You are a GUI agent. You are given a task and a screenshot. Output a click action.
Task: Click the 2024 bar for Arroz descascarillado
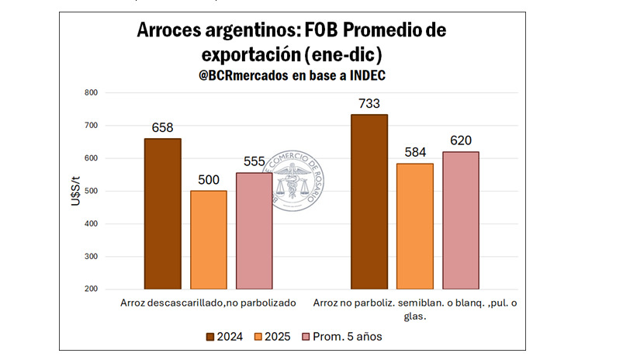(x=163, y=213)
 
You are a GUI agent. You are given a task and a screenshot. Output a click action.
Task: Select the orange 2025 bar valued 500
(x=209, y=240)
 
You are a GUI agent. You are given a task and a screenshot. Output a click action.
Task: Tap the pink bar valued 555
(x=254, y=230)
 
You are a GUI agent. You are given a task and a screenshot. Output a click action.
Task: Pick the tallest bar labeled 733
(x=369, y=202)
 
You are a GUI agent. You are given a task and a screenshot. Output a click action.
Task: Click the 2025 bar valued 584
(x=414, y=226)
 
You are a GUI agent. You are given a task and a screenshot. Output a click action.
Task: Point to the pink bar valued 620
(x=460, y=220)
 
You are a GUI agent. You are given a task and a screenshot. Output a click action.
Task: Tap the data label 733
(x=369, y=103)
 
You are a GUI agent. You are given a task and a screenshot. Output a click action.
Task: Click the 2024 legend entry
(x=224, y=336)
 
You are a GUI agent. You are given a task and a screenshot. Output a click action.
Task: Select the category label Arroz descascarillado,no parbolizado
(x=209, y=303)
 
